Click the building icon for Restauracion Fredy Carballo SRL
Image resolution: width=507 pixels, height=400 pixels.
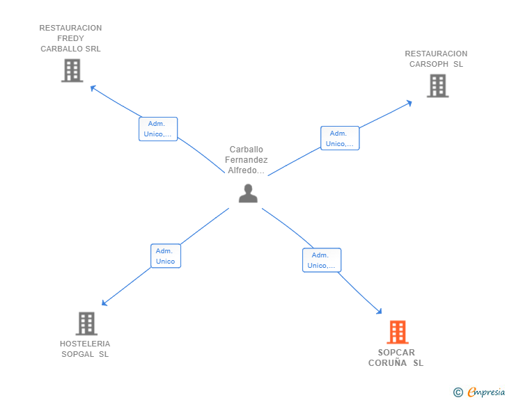pos(72,70)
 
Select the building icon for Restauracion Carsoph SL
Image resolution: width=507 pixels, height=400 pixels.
pos(437,86)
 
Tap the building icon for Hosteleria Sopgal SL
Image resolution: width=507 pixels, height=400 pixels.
pos(86,323)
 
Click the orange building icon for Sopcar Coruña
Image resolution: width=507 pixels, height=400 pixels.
pos(397,332)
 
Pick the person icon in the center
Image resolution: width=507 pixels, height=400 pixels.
pos(248,193)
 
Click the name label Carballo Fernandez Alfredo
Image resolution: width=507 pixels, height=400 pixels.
pos(247,160)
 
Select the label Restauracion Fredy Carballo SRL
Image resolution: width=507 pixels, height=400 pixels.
pos(70,38)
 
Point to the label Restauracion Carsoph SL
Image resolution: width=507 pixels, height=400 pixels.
pos(436,58)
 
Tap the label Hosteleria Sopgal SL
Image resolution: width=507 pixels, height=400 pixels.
pos(85,349)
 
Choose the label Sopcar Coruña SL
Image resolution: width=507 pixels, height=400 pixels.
pos(396,358)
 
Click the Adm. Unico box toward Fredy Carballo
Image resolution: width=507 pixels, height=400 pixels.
pos(158,129)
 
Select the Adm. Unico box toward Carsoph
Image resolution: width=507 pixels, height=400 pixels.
pos(340,138)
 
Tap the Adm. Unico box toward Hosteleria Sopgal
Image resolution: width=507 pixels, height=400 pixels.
pos(166,256)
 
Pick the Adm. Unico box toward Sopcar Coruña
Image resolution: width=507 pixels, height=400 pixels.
pos(322,260)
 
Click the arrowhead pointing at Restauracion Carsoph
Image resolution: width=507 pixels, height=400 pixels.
pos(409,103)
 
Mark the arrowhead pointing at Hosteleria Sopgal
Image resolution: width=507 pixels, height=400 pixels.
pos(104,303)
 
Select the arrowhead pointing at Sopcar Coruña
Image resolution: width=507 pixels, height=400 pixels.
pos(379,312)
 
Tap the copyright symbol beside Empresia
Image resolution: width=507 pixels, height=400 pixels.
pos(458,392)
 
